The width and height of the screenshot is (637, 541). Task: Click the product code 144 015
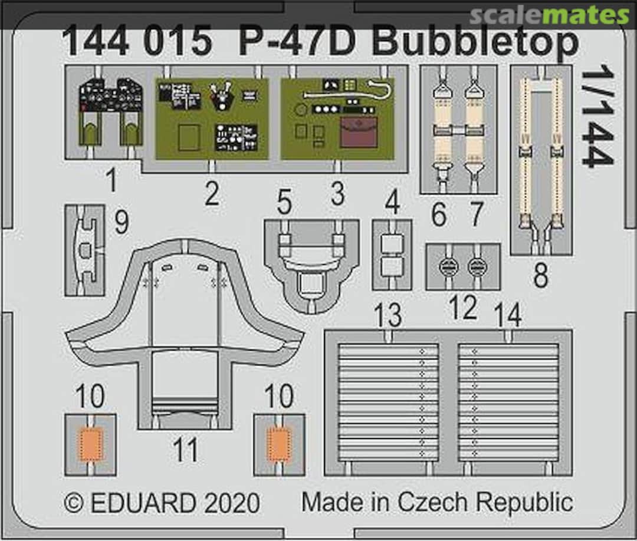[x=136, y=42]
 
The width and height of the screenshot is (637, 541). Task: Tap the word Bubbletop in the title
[x=474, y=42]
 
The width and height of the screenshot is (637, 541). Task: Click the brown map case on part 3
[x=359, y=131]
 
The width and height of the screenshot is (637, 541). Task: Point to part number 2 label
[x=212, y=193]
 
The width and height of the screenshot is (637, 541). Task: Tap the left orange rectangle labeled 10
[x=91, y=444]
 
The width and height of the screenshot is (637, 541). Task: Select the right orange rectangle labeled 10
[x=278, y=444]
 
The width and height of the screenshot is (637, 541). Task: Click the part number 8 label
[x=540, y=275]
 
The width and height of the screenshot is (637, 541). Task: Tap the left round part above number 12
[x=448, y=267]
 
